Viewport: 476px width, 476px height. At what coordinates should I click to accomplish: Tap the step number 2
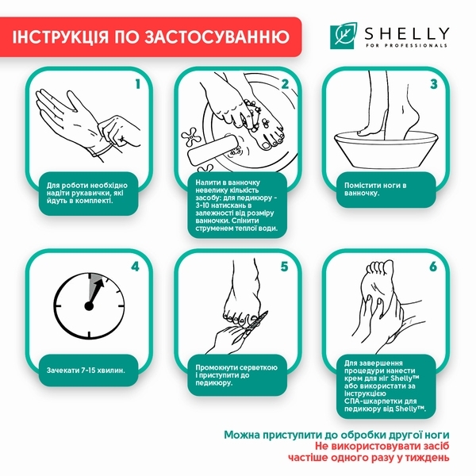point(285,83)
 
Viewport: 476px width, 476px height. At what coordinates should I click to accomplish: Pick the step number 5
point(285,266)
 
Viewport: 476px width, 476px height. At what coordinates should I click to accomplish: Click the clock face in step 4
point(90,306)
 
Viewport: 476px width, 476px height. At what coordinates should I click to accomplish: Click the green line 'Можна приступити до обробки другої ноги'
point(336,435)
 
